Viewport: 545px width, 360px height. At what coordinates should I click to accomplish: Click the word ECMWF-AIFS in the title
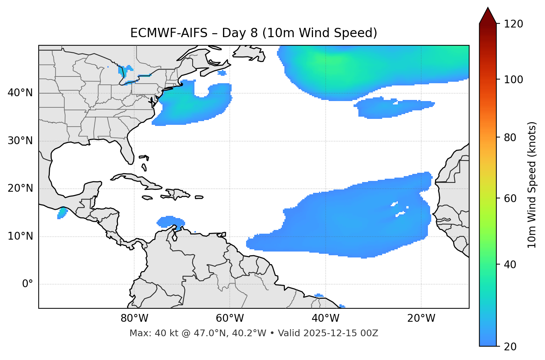[169, 33]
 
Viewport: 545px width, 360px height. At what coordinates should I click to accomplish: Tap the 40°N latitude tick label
[20, 93]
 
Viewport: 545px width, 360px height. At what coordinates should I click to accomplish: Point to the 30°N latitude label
[20, 141]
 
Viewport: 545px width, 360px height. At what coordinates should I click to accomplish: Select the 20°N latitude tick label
[20, 188]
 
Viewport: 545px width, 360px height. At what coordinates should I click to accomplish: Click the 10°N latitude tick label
[20, 236]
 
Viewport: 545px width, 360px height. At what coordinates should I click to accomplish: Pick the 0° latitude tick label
[28, 284]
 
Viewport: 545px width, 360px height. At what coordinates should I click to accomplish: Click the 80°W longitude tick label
[134, 318]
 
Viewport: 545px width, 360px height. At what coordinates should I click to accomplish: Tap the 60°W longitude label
[230, 318]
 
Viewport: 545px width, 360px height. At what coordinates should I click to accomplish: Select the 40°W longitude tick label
[325, 318]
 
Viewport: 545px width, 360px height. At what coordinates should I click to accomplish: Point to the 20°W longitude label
[421, 318]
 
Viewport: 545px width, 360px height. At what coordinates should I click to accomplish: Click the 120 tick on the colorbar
[514, 24]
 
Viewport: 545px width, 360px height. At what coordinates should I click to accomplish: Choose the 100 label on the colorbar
[514, 80]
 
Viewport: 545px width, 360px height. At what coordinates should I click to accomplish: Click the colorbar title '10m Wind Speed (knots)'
[532, 185]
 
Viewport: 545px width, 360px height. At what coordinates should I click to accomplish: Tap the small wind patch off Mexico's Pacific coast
[62, 213]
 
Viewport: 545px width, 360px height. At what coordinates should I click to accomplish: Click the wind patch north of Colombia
[170, 221]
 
